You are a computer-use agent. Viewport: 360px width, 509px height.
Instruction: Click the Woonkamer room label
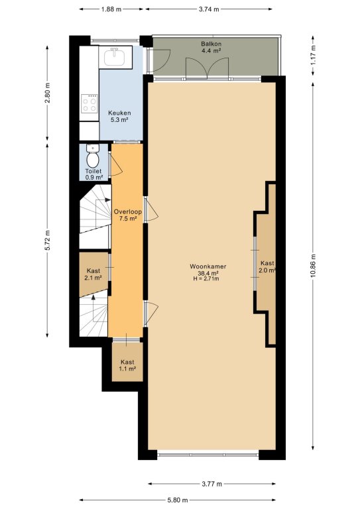[208, 266]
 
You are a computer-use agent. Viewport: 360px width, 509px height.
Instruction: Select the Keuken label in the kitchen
[119, 113]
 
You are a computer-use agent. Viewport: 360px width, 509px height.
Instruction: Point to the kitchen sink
[115, 57]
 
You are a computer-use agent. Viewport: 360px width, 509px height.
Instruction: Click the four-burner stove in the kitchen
[90, 103]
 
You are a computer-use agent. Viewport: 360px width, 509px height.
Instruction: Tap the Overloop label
[127, 212]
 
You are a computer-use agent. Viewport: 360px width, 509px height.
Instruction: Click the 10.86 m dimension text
[313, 266]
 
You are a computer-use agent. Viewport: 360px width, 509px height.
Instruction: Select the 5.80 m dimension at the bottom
[178, 500]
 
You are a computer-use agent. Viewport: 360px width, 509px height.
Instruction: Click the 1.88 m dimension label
[111, 9]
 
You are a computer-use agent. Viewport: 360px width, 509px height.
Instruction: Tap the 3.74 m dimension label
[209, 9]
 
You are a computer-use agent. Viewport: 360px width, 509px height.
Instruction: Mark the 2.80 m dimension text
[47, 93]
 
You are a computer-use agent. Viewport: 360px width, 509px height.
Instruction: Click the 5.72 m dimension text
[47, 240]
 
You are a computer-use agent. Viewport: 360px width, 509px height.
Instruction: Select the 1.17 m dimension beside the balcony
[313, 54]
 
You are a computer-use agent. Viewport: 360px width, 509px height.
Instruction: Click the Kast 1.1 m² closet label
[127, 365]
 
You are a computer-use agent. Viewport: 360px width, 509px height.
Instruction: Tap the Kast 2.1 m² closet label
[93, 274]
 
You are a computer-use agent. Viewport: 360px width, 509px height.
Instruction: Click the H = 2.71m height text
[206, 278]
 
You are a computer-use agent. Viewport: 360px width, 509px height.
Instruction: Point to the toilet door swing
[115, 165]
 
